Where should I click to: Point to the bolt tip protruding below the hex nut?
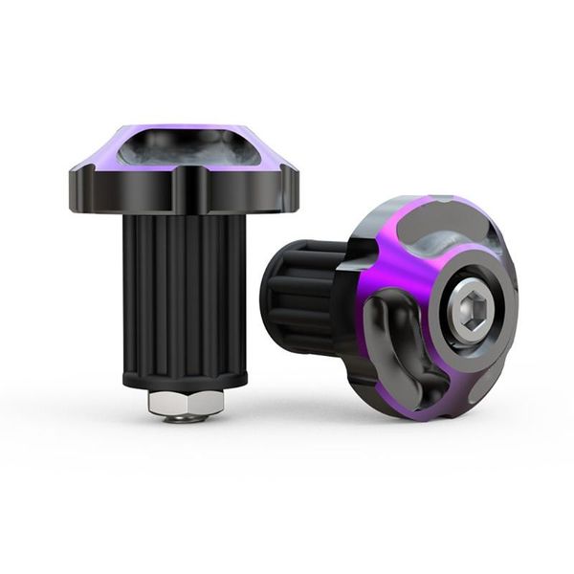[185, 418]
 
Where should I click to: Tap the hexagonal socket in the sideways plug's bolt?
[472, 312]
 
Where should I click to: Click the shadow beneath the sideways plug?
[383, 426]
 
